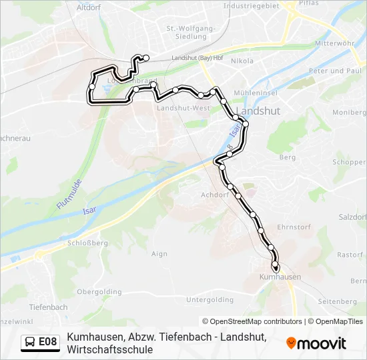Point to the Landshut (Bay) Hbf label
click(198, 59)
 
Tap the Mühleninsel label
click(252, 93)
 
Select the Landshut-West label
click(183, 108)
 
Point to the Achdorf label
click(214, 195)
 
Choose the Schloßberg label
click(87, 243)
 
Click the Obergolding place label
click(99, 291)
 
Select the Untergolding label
click(210, 300)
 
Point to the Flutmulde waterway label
click(69, 194)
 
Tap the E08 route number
click(48, 343)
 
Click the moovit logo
click(316, 343)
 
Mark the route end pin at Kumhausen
click(275, 266)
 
